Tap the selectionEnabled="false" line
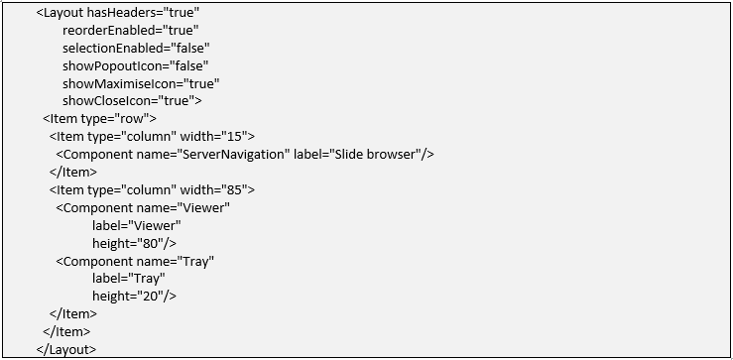coord(136,49)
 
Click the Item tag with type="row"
coord(99,119)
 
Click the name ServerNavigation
coord(233,155)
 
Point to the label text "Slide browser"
coord(375,155)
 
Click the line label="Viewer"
coord(137,226)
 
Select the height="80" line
coord(134,244)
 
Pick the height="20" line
coord(134,297)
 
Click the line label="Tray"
coord(129,279)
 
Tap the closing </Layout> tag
coord(65,350)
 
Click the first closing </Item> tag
coord(73,172)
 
